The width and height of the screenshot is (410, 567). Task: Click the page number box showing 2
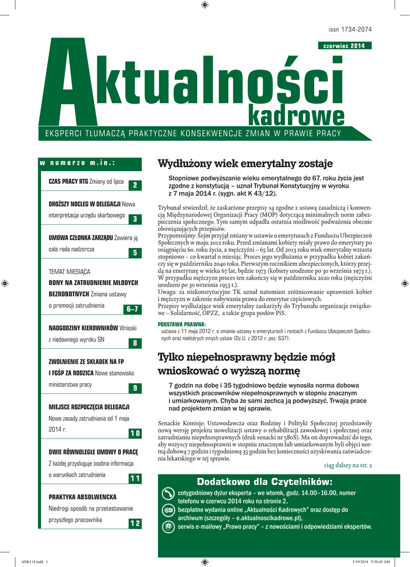pos(135,185)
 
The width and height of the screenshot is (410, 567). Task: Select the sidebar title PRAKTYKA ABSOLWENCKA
pos(83,497)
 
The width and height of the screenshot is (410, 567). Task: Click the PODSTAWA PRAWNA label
pos(182,324)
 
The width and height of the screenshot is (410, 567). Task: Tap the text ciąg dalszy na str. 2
pos(348,465)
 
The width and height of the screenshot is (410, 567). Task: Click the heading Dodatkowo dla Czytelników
pos(265,480)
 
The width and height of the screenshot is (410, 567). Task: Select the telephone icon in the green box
pos(168,493)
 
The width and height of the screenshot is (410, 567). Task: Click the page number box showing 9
pos(135,388)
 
